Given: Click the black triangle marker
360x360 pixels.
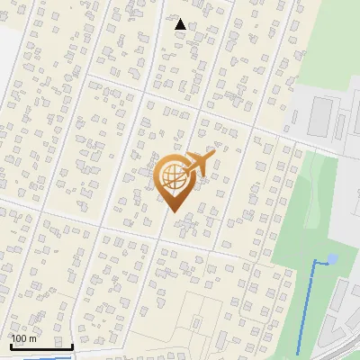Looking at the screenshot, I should [x=180, y=24].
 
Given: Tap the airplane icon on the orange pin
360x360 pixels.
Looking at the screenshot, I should [x=198, y=164].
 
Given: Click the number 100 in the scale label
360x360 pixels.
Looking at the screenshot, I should [x=20, y=338].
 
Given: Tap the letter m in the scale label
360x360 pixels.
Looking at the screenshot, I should [x=33, y=338].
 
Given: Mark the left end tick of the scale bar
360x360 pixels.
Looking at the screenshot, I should [x=11, y=346].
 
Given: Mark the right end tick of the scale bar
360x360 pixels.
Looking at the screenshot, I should [x=72, y=346].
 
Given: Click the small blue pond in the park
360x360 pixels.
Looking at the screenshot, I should [x=332, y=259].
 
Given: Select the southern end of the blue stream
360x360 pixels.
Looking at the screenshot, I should [x=298, y=353].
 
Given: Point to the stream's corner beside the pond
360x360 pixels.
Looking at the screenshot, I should [x=314, y=261].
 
